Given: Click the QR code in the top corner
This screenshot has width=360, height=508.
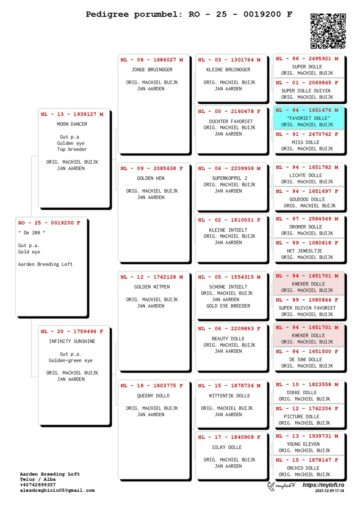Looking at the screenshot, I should [328, 31].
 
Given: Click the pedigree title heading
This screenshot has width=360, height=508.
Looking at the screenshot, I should [189, 14].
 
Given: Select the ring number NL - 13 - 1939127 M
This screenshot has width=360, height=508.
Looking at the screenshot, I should [72, 114].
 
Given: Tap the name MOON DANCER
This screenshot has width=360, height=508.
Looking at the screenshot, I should [72, 124].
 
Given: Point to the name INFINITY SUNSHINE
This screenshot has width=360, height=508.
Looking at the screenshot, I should [72, 341].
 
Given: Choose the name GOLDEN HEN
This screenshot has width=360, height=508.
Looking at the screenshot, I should [152, 178].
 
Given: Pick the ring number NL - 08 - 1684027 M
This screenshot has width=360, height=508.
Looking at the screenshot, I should [152, 60].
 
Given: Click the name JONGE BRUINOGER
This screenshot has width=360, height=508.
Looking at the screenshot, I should [152, 70].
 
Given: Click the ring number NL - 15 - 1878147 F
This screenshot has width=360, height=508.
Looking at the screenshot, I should [307, 460].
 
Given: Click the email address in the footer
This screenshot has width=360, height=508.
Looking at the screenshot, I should [57, 490].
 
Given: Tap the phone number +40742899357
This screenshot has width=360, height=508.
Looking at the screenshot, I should [38, 485].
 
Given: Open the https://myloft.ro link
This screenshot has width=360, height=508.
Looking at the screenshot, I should [323, 485].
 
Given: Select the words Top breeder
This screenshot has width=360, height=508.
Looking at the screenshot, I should [72, 149].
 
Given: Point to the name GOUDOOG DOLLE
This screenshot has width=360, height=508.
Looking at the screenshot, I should [307, 199].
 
